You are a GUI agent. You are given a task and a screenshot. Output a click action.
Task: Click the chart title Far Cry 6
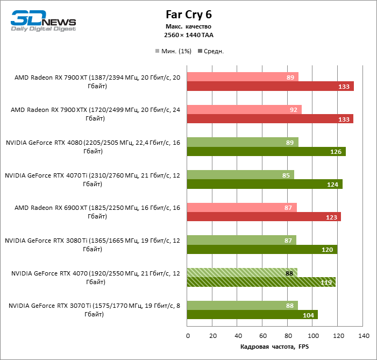coord(188,15)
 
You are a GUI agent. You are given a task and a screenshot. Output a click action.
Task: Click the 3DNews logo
coord(44,20)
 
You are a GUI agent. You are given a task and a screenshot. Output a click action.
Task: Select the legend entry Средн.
coord(211,51)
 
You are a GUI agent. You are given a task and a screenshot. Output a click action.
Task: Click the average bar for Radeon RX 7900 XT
coord(270,86)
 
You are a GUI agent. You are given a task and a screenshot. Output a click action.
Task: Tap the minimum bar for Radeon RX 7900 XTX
coord(244,109)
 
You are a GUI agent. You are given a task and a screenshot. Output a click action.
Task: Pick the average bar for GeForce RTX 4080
coord(266,151)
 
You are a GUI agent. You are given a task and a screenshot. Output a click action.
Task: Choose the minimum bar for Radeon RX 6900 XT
coord(242,207)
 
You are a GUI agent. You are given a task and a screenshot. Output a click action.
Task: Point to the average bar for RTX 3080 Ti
coord(262,249)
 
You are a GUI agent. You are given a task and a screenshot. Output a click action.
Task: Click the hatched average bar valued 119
coord(261,282)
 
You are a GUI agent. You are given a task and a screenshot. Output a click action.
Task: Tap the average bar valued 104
coord(252,315)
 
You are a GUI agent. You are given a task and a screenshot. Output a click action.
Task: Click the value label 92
coord(294,109)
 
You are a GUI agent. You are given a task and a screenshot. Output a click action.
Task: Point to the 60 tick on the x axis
coord(263,336)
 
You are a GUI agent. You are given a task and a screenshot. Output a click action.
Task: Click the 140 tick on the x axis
coord(364,336)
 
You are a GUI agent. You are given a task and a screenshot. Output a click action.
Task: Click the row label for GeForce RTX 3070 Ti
coord(95,310)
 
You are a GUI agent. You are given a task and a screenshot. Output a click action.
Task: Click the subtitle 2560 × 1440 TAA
coord(188,35)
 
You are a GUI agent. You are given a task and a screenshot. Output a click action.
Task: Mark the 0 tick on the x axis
coord(188,336)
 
